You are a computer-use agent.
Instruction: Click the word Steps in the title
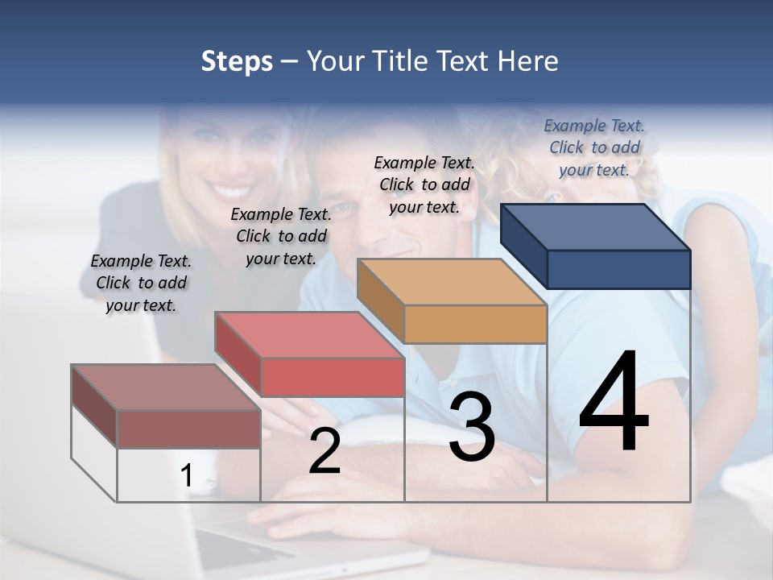pos(237,61)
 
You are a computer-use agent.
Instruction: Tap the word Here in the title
pos(528,61)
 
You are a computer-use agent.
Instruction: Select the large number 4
pos(614,403)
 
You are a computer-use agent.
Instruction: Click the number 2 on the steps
pos(324,451)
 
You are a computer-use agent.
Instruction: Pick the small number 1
pos(187,475)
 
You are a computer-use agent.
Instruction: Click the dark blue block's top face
pos(596,227)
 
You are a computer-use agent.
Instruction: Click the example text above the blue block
pos(594,147)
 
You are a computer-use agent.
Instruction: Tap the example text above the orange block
pos(424,184)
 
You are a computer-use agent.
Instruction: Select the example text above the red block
pos(281,236)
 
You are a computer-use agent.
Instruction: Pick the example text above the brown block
pos(141,283)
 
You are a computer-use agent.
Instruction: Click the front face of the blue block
pos(618,269)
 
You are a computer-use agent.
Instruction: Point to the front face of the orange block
pos(475,325)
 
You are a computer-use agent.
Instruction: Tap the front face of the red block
pos(332,377)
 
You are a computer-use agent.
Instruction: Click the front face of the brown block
pos(188,429)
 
